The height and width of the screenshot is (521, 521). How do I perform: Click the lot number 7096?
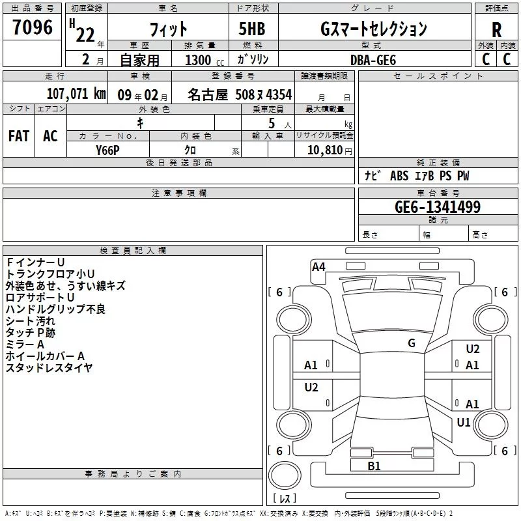point(33,27)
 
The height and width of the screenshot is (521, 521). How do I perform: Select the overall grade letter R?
point(496,30)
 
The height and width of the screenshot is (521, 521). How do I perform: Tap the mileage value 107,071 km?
point(76,93)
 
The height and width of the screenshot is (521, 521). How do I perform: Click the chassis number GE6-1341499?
point(438,206)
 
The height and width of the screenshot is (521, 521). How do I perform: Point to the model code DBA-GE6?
point(373,60)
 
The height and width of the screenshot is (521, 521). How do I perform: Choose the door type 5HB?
point(252,29)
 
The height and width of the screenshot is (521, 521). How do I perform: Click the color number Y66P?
point(107,150)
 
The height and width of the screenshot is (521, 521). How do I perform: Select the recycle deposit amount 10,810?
point(325,150)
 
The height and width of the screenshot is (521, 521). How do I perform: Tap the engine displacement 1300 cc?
point(204,60)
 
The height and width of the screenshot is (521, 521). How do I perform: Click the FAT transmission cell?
point(19,136)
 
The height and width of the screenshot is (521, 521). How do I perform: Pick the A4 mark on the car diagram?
point(318,267)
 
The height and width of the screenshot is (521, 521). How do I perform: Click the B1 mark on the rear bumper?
point(374,466)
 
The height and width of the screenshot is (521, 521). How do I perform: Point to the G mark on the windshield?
point(412,343)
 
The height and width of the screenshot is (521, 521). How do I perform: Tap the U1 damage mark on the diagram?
point(463,422)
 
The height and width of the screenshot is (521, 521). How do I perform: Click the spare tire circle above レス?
point(285,475)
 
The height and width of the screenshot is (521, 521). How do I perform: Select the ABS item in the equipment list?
point(399,176)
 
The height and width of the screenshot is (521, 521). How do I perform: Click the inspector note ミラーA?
point(25,345)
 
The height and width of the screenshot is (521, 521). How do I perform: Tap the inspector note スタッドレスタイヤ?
point(49,367)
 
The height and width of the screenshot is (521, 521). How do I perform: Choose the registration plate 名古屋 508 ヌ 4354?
point(240,94)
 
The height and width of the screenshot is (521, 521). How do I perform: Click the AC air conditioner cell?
point(50,136)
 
